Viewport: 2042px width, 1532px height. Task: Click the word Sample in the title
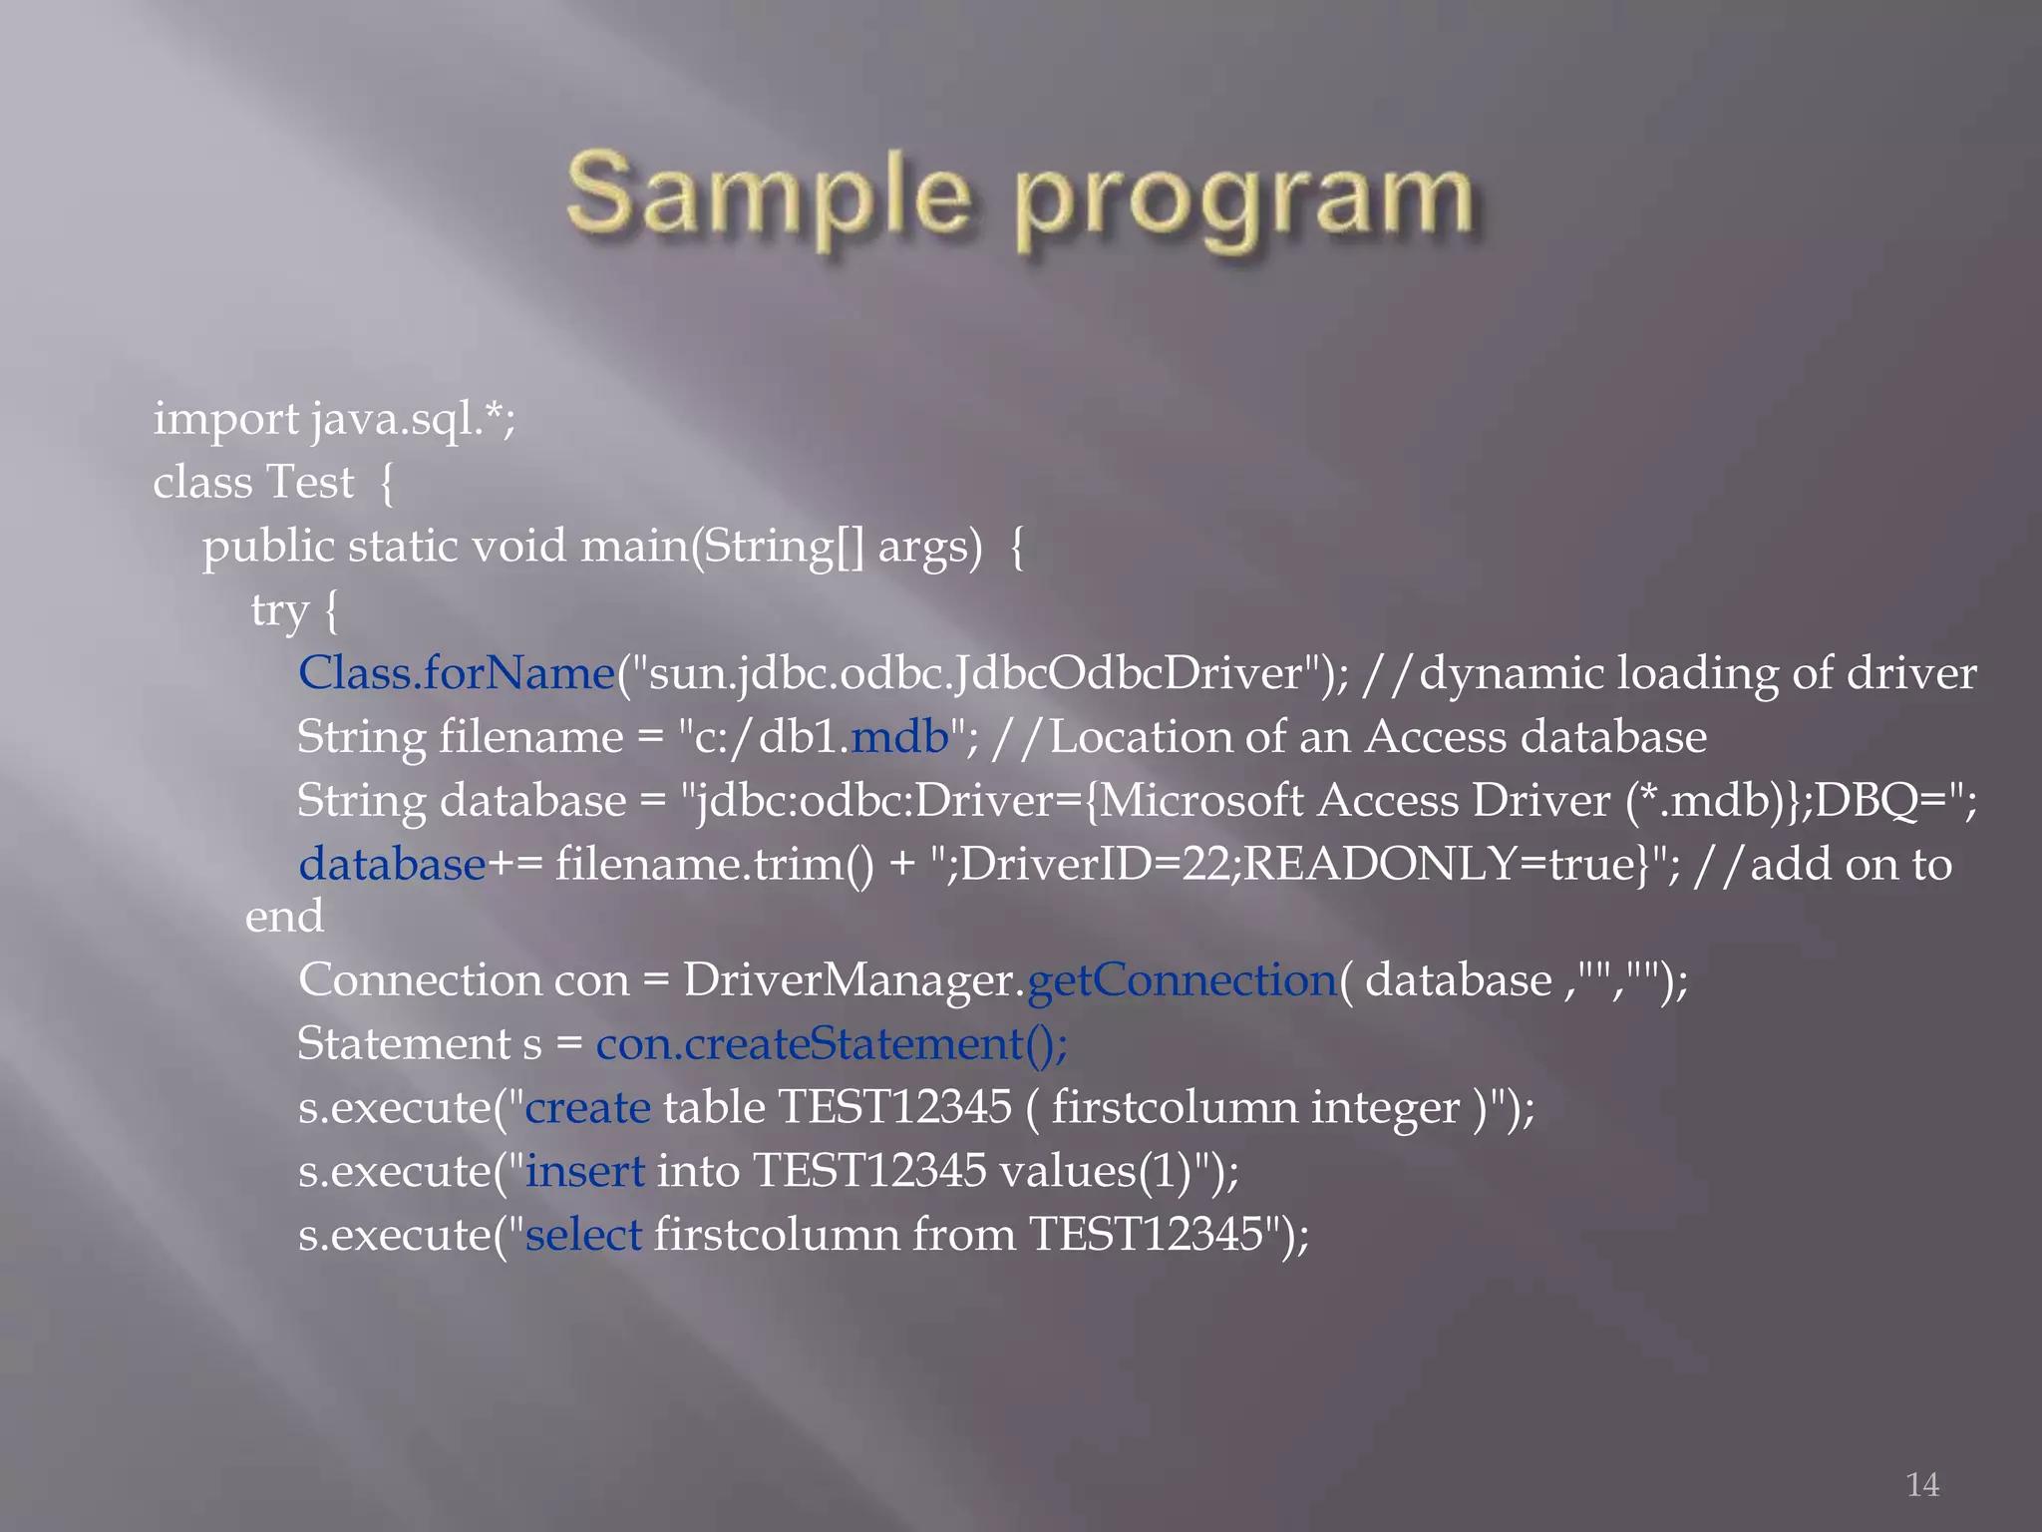point(768,194)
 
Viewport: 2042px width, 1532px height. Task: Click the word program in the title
point(1243,199)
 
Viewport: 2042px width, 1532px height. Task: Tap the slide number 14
point(1922,1484)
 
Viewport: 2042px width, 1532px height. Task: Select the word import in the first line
point(225,419)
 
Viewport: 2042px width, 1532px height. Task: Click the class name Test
point(310,483)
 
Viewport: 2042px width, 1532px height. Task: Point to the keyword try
point(279,610)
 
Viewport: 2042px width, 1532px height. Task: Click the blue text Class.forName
point(457,673)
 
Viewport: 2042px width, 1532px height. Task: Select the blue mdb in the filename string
point(900,737)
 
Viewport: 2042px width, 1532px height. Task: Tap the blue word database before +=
point(392,864)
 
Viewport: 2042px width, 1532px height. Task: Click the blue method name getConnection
point(1182,979)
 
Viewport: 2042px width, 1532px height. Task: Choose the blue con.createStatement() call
point(832,1043)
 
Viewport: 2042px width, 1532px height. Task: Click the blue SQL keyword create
point(587,1107)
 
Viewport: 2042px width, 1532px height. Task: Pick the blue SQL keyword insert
point(585,1171)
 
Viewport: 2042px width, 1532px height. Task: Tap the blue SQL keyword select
point(583,1235)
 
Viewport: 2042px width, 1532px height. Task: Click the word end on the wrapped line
point(284,916)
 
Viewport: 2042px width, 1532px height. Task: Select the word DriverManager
point(848,979)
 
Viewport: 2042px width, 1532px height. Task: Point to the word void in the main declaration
point(518,547)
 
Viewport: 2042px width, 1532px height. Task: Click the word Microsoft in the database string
point(1200,801)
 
